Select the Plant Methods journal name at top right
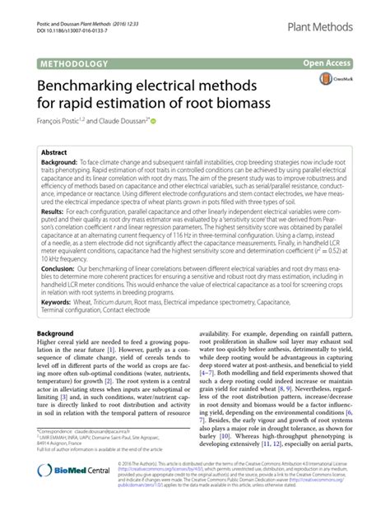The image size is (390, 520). (x=322, y=30)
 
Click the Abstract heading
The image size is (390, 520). (x=54, y=153)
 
